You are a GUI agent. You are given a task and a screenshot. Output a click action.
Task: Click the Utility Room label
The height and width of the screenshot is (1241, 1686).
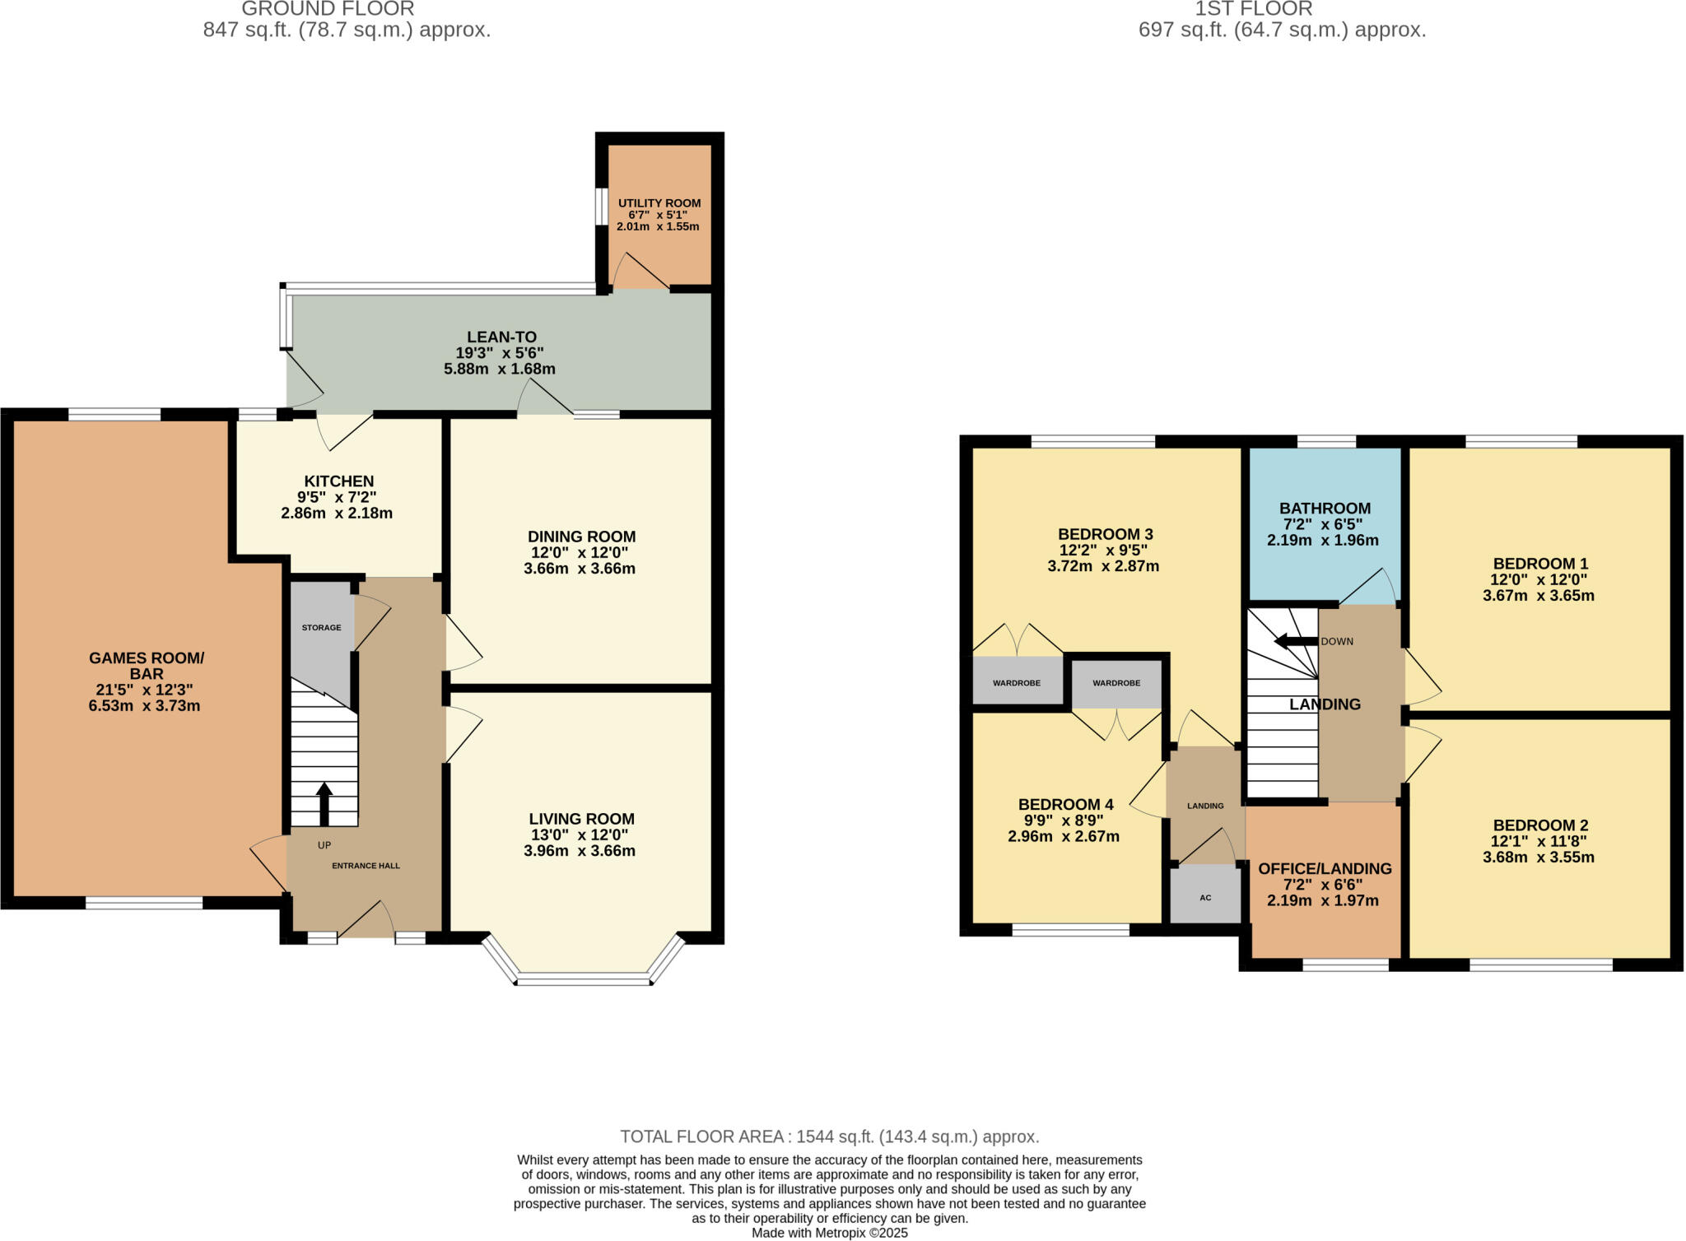(659, 203)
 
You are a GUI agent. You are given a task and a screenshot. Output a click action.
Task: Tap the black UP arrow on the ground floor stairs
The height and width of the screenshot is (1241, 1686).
(324, 802)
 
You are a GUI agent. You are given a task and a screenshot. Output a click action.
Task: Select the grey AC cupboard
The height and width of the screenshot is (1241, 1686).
(1205, 896)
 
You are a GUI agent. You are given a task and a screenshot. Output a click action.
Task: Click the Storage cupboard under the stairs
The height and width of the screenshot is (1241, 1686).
(321, 628)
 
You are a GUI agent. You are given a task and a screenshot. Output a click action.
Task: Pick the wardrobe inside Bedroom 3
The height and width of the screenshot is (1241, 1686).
(1016, 682)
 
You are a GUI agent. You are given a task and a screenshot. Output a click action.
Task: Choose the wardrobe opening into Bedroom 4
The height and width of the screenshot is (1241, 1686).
(1116, 682)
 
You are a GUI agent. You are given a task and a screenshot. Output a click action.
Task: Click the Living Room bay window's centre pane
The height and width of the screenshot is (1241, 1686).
(583, 978)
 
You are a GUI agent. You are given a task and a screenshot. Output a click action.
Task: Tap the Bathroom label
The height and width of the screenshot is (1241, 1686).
(1325, 509)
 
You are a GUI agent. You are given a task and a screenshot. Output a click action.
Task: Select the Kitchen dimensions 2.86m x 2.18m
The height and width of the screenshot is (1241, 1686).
(336, 514)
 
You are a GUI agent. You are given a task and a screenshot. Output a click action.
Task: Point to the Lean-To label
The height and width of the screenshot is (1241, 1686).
(501, 337)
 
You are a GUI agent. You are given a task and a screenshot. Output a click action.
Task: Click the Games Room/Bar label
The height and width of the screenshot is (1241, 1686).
(146, 665)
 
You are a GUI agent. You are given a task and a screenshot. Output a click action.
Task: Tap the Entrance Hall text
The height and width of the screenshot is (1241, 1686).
(366, 866)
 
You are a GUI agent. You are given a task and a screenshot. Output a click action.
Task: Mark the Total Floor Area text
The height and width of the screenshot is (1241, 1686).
(829, 1136)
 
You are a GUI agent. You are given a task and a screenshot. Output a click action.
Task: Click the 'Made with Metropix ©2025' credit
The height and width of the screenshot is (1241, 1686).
(829, 1233)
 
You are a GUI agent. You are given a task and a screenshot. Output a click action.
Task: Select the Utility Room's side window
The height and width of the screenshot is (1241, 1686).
(603, 207)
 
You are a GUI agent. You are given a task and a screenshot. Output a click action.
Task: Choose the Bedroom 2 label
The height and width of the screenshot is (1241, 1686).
(1539, 825)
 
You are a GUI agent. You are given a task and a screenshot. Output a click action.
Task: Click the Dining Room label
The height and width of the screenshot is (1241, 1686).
(581, 537)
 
